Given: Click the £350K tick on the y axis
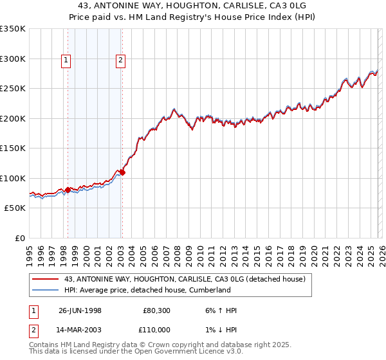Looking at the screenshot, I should [13, 29].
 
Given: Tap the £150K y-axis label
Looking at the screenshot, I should [13, 148].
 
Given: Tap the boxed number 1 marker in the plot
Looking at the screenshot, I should [66, 61].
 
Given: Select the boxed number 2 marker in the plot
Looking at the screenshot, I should [120, 61].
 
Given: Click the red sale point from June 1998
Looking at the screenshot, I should [68, 190].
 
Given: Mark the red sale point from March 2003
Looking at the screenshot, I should [122, 172].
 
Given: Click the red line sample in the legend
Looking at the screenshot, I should [46, 279].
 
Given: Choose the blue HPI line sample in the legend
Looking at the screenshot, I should [46, 290].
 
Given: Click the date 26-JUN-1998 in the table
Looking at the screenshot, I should [80, 310].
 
